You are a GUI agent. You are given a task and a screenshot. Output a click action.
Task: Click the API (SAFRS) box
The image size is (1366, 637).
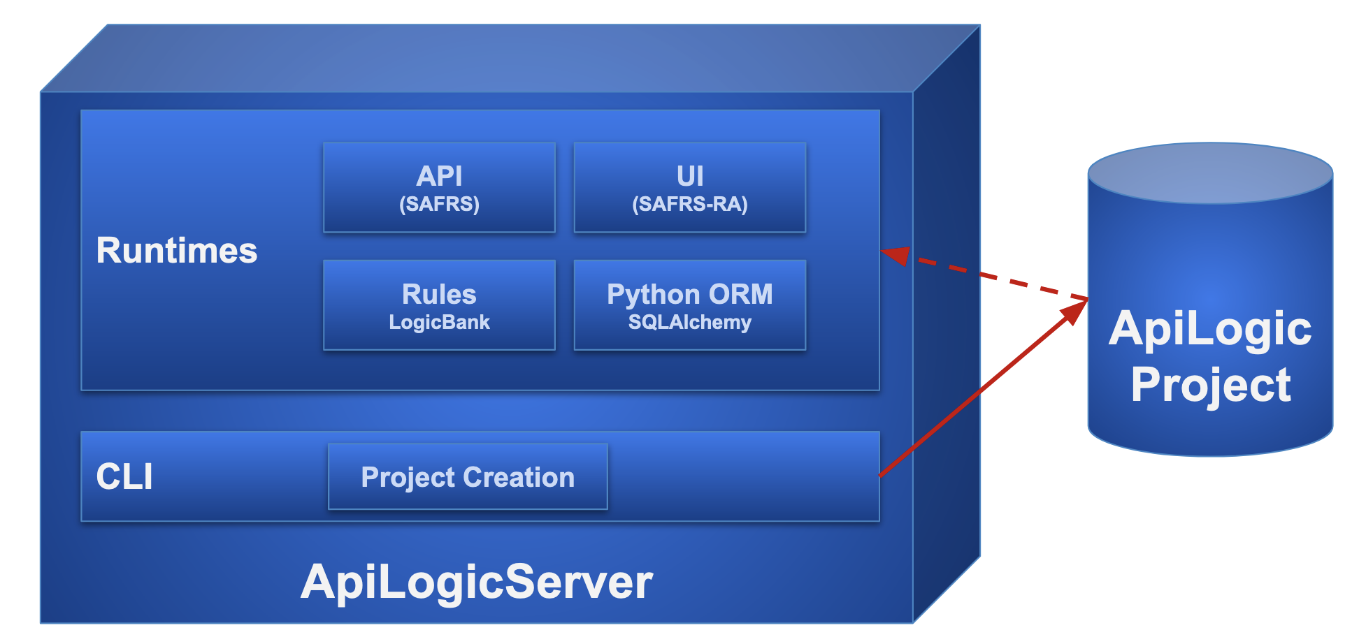439,187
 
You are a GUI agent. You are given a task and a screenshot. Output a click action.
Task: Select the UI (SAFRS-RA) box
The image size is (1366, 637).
689,187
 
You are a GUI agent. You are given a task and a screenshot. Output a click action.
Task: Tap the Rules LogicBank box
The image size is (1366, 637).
439,305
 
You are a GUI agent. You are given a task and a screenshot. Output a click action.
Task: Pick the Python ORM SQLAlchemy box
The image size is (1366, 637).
689,305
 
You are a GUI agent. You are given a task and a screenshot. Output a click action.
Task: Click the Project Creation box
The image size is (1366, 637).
468,477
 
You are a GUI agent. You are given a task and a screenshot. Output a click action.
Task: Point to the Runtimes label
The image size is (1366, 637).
177,251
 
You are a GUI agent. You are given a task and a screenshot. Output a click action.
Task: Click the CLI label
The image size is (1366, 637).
124,477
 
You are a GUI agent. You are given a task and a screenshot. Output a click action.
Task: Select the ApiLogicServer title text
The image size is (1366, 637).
477,582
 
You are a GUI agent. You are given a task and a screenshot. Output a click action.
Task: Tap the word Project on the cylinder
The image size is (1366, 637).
1211,386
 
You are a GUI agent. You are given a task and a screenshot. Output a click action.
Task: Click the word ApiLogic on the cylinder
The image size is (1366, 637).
1211,329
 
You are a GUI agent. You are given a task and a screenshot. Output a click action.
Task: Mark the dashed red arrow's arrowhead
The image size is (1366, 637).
896,256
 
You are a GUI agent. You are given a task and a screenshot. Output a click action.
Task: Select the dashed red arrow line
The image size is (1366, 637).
1000,279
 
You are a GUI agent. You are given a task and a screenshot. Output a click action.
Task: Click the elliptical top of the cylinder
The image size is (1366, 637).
1211,173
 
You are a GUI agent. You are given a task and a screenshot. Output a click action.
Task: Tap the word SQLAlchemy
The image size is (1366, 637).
689,323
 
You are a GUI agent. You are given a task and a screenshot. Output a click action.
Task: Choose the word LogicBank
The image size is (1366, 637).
439,323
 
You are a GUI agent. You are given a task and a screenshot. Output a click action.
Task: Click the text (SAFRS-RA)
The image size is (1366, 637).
689,205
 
